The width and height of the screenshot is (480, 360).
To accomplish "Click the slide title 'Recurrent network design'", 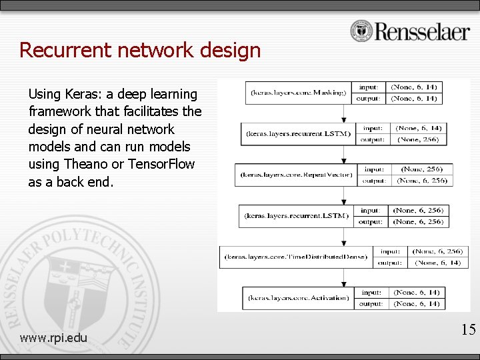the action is [x=140, y=50].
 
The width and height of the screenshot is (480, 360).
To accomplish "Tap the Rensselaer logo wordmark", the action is [x=422, y=31].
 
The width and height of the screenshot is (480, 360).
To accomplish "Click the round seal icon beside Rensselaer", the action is [x=361, y=31].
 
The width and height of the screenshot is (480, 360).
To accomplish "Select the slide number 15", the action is [x=468, y=329].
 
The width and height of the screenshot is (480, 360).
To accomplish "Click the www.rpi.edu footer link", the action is [x=53, y=338].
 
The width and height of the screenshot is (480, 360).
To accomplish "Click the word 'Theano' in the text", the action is [x=81, y=163].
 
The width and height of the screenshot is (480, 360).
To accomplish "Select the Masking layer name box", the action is [x=298, y=93].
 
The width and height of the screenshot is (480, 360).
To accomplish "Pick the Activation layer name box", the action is [x=298, y=298].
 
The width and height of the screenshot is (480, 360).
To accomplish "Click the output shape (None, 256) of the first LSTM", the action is [x=419, y=139].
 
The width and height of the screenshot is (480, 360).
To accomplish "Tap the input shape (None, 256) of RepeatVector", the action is [x=421, y=169].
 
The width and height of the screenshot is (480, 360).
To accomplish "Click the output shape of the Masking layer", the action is [x=414, y=99].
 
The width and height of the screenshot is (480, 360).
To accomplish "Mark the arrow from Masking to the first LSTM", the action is [x=343, y=113].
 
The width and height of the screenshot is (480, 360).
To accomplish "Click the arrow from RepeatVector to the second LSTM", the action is [x=343, y=195].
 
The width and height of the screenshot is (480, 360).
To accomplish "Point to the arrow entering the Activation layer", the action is [x=343, y=277].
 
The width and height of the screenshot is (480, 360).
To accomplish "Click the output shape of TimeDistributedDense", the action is [x=437, y=263].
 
